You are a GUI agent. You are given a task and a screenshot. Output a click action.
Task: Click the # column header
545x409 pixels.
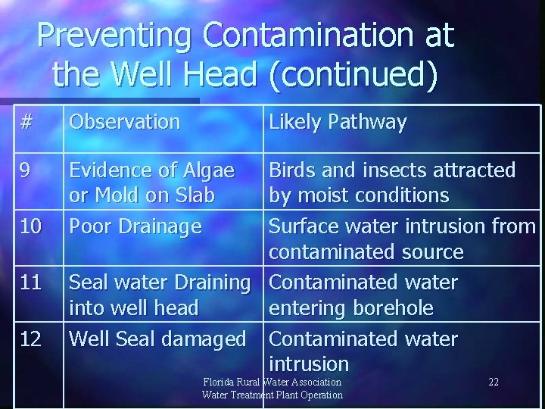(27, 122)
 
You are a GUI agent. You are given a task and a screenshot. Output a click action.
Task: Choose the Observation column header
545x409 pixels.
(124, 122)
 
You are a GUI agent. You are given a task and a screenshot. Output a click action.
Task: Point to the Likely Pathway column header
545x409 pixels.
(338, 122)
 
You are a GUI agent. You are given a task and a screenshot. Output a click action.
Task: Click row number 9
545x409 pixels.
(26, 170)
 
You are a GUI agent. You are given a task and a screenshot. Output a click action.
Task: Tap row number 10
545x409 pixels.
(31, 226)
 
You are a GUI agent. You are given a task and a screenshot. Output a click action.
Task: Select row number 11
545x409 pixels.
(31, 283)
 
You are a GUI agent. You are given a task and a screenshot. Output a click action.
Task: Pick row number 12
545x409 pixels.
(31, 339)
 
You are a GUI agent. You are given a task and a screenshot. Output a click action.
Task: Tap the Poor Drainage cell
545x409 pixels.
(135, 226)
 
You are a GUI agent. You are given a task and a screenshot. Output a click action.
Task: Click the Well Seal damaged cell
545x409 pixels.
(157, 339)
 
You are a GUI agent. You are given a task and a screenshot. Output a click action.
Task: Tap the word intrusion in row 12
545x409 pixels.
(309, 364)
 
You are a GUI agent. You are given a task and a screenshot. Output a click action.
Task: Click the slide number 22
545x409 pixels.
(494, 382)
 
